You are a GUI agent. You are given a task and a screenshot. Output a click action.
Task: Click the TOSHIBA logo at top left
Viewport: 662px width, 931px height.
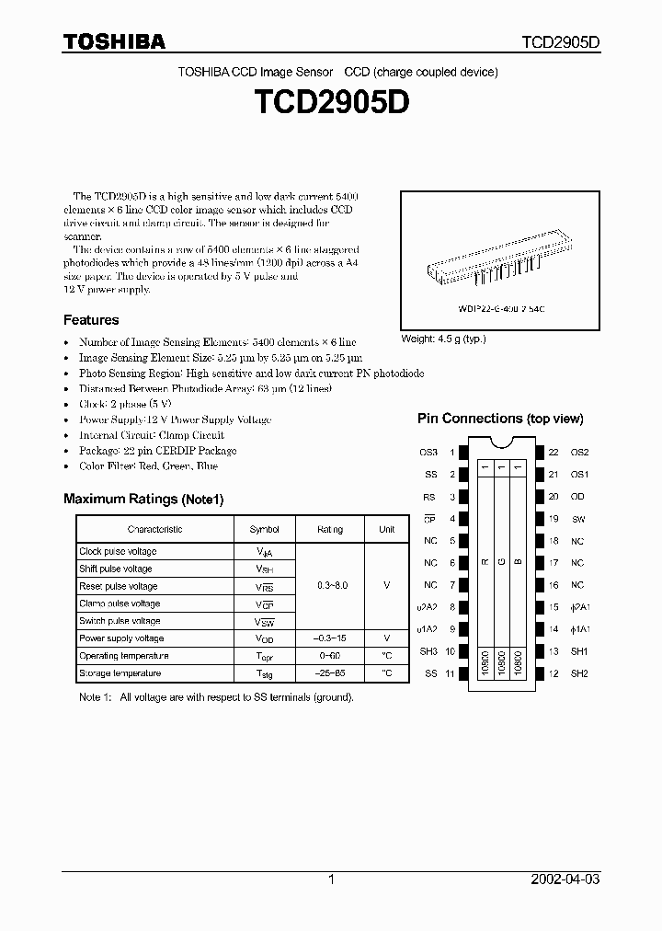pyautogui.click(x=114, y=41)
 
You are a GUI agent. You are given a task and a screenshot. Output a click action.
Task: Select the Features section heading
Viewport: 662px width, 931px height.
pyautogui.click(x=91, y=320)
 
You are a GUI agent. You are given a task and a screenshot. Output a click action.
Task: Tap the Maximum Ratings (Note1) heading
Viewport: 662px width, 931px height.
pyautogui.click(x=143, y=499)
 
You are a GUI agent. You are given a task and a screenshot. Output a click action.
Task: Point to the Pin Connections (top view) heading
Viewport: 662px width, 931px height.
pyautogui.click(x=500, y=419)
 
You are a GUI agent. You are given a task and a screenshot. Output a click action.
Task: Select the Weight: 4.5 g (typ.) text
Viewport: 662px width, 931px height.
pyautogui.click(x=443, y=339)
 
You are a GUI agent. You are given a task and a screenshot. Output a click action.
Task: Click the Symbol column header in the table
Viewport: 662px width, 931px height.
pyautogui.click(x=265, y=529)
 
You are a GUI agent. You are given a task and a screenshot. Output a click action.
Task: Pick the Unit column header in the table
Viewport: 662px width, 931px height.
pyautogui.click(x=386, y=529)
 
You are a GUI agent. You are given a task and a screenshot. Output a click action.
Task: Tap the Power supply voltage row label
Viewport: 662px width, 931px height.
pyautogui.click(x=121, y=638)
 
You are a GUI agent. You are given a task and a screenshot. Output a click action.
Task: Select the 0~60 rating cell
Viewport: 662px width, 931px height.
pyautogui.click(x=330, y=656)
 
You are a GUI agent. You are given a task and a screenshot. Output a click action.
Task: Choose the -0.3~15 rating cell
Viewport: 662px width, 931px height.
pyautogui.click(x=330, y=638)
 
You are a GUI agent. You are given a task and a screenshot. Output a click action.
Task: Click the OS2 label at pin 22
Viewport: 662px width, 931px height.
pyautogui.click(x=579, y=453)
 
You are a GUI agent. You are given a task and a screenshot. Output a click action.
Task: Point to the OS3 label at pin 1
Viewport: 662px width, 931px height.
pyautogui.click(x=429, y=453)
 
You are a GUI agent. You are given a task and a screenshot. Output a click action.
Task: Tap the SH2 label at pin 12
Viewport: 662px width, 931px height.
pyautogui.click(x=579, y=673)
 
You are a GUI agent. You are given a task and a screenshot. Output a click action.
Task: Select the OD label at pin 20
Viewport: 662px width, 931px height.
pyautogui.click(x=577, y=497)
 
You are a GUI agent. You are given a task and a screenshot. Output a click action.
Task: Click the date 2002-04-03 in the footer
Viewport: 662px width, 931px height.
pyautogui.click(x=565, y=879)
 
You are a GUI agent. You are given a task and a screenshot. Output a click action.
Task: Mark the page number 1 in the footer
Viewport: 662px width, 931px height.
pyautogui.click(x=331, y=879)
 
